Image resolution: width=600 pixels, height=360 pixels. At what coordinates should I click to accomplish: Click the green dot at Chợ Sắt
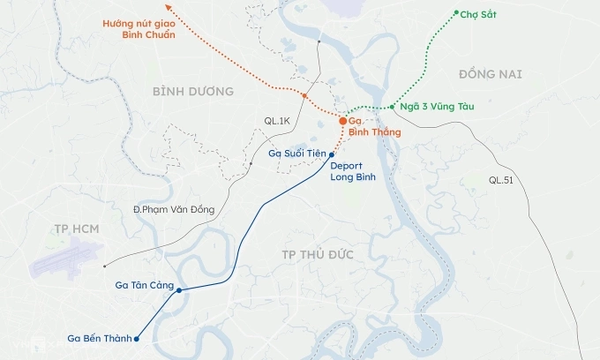point(456,13)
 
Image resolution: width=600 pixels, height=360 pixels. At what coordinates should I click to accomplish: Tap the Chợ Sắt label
point(478,15)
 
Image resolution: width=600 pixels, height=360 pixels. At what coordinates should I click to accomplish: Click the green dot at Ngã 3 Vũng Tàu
point(391,107)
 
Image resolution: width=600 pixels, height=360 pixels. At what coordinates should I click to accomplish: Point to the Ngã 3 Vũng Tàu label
point(437,107)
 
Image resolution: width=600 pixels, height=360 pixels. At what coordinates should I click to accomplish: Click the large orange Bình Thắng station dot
point(343,121)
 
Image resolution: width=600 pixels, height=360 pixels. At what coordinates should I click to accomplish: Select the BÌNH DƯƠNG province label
point(192,92)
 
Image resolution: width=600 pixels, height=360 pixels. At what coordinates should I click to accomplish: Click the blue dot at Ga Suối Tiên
point(331,154)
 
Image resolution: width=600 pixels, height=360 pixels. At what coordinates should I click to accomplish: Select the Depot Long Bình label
point(353,171)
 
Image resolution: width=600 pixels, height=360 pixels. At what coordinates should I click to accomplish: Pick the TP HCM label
point(75,229)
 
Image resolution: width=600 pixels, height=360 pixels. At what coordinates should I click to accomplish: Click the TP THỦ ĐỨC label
point(317,254)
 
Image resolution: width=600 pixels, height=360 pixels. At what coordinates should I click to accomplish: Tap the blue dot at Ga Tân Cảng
point(180,290)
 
